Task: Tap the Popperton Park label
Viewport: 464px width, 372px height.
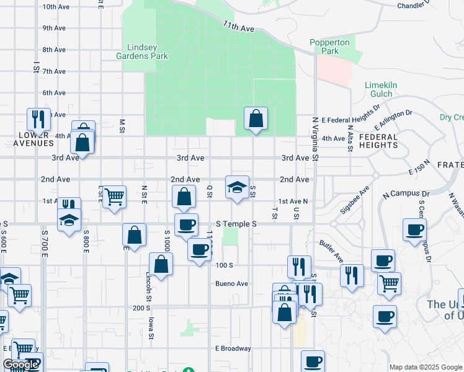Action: click(x=329, y=47)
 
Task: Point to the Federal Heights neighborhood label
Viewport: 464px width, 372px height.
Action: click(x=378, y=141)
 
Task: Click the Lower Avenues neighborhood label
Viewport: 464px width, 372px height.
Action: click(x=33, y=139)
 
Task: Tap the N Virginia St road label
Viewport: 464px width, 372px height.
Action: click(x=315, y=139)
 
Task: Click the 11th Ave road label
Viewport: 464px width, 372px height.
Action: click(x=239, y=29)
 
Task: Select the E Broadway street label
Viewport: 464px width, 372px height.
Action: click(x=233, y=348)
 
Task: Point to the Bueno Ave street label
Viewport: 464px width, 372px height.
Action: click(x=231, y=284)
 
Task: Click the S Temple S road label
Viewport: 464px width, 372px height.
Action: click(x=236, y=224)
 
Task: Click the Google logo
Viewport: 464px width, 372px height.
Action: click(x=20, y=365)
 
